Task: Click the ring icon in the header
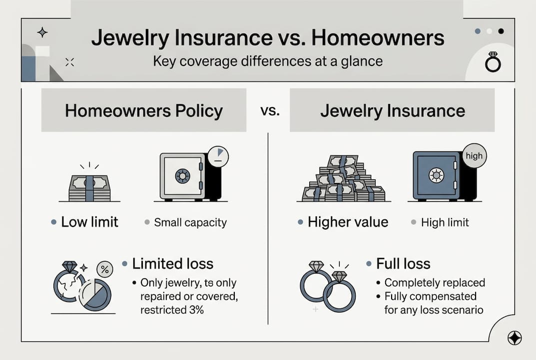(493, 62)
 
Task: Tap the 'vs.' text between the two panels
(270, 110)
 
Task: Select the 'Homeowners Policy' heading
(144, 110)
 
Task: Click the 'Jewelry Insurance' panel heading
(392, 110)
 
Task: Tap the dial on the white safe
(182, 176)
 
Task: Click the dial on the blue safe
(436, 175)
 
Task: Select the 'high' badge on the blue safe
(474, 156)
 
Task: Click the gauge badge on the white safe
(218, 156)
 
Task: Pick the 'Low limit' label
(89, 222)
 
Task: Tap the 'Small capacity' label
(190, 222)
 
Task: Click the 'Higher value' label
(348, 222)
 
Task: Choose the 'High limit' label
(445, 222)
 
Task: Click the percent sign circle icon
(105, 269)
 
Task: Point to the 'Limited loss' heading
(172, 263)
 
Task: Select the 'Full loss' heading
(403, 263)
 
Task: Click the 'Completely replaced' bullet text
(434, 282)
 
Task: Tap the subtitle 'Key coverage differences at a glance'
(268, 61)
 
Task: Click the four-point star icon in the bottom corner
(514, 338)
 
